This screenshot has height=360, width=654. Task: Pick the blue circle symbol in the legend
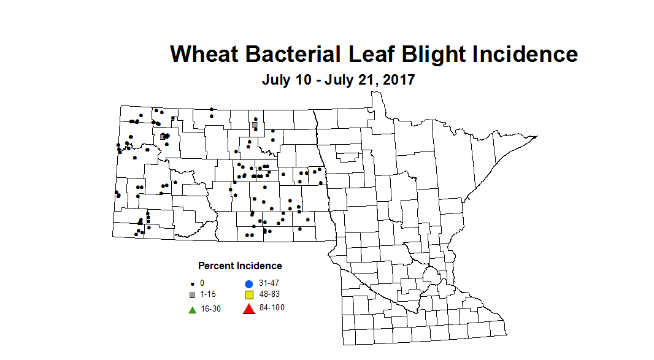tap(248, 284)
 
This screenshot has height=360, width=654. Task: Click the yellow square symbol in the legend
tap(248, 295)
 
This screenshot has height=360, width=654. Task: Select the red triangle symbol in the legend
tap(248, 308)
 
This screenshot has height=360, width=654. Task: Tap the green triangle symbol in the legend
tap(192, 310)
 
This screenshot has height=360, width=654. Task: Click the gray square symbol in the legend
tap(192, 295)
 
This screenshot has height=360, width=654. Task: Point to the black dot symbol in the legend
tap(192, 284)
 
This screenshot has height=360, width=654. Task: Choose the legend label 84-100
tap(272, 307)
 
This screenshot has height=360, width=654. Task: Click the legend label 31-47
tap(269, 283)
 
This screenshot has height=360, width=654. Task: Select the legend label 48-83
tap(270, 294)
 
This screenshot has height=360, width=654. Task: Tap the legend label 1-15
tap(209, 294)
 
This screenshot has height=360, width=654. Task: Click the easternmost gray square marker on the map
tap(255, 124)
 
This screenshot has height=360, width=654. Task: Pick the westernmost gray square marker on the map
tap(163, 137)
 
